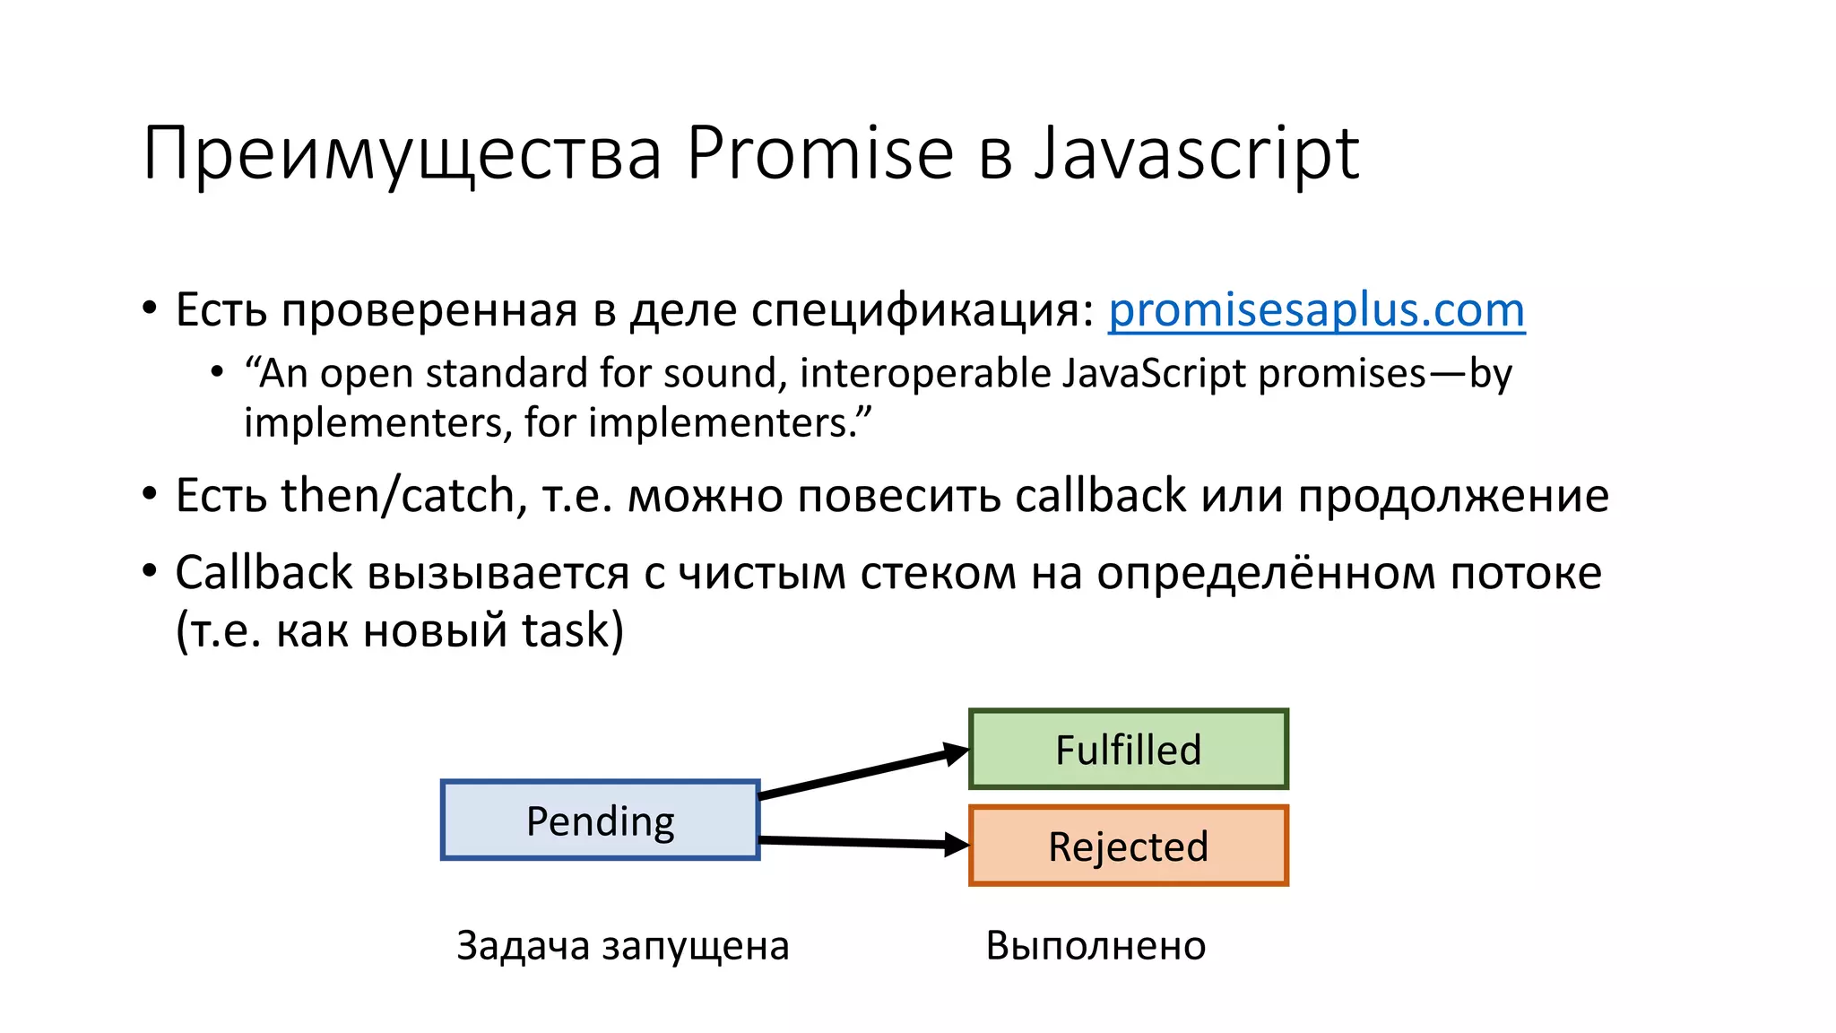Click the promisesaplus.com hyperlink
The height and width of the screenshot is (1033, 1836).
coord(1316,310)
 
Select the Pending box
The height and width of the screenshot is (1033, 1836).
coord(600,820)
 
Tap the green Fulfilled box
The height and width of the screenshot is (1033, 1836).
coord(1128,750)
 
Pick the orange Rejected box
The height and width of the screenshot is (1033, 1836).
coord(1128,846)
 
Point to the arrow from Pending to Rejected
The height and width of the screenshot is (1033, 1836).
coord(861,841)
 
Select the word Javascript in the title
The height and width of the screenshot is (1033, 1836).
coord(1197,154)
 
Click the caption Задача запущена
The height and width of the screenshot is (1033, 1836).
coord(622,945)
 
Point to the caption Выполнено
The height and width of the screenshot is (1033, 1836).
coord(1096,945)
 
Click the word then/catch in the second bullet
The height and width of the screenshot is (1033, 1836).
coord(397,495)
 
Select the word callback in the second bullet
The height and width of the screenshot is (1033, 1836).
coord(1100,495)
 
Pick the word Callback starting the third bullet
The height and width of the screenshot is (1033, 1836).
coord(264,572)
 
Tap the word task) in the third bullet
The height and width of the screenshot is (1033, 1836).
coord(572,629)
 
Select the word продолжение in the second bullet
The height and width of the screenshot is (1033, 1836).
coord(1452,497)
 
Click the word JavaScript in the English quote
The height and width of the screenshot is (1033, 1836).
coord(1153,373)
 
